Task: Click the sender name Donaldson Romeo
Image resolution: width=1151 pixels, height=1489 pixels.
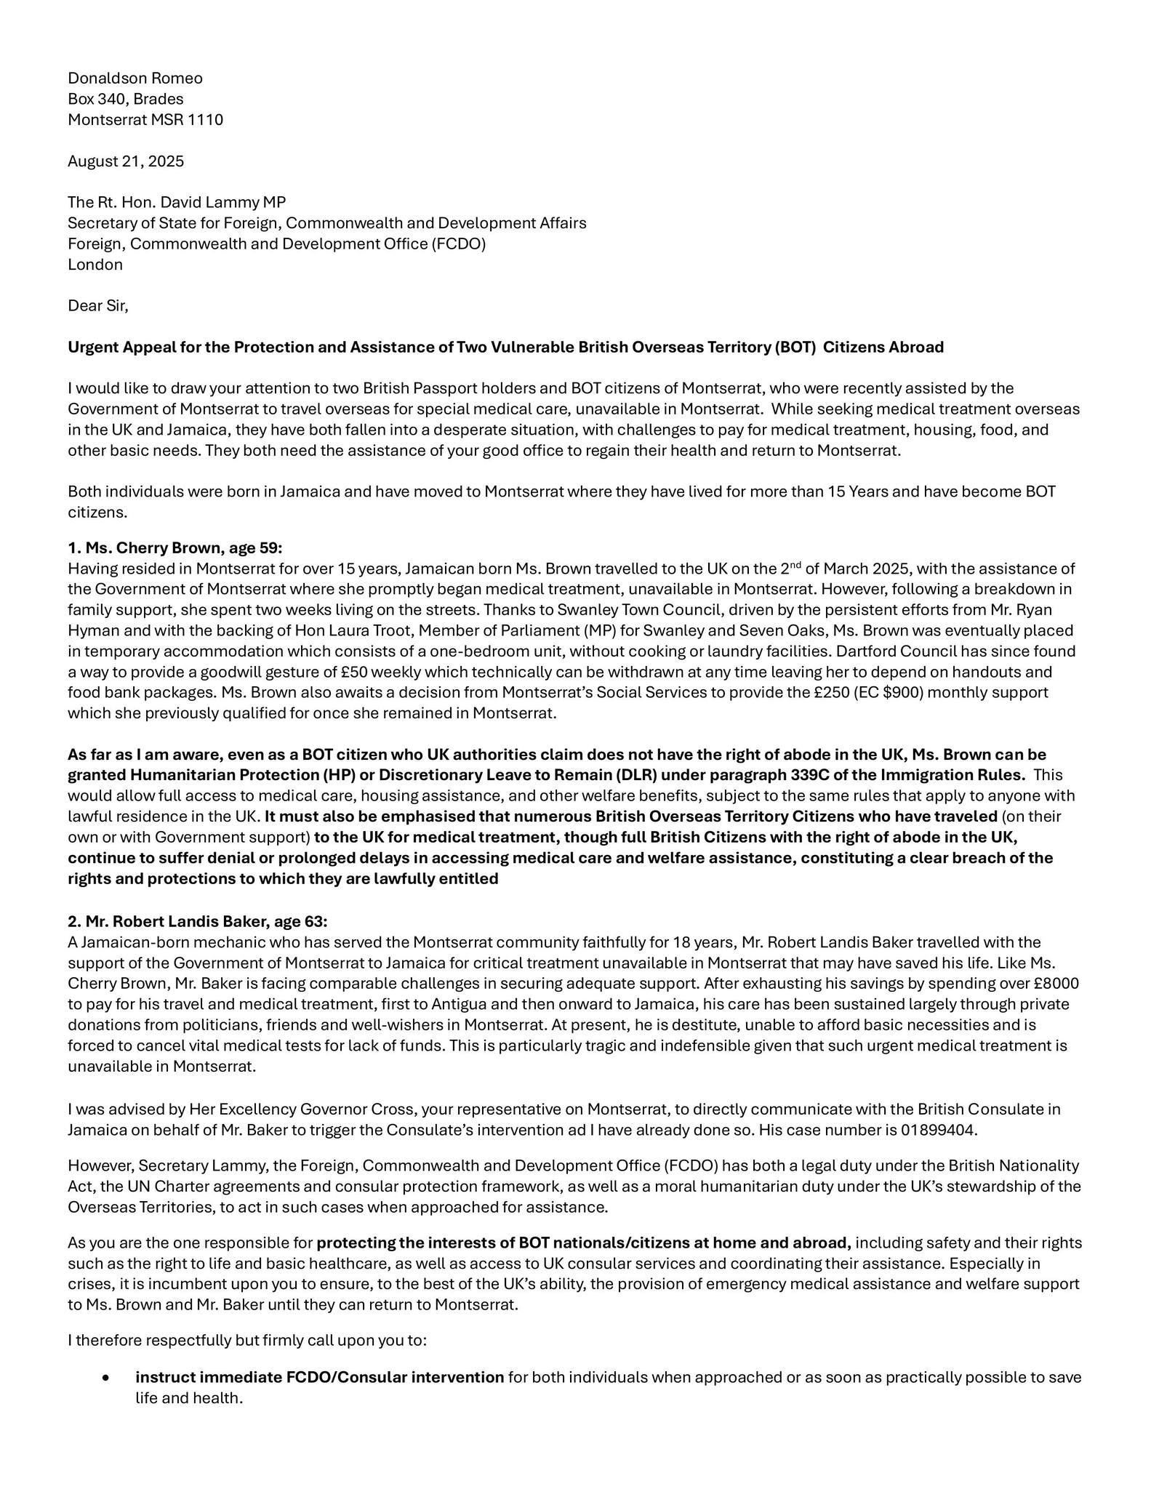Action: click(135, 78)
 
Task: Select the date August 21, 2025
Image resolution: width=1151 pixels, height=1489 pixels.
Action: click(126, 161)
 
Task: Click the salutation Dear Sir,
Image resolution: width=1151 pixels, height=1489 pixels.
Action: click(98, 305)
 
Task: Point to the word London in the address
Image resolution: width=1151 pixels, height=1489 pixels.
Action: click(95, 264)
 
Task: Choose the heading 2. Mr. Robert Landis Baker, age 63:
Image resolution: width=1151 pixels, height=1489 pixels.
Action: click(198, 921)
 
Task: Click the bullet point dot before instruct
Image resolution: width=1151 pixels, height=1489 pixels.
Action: click(107, 1378)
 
